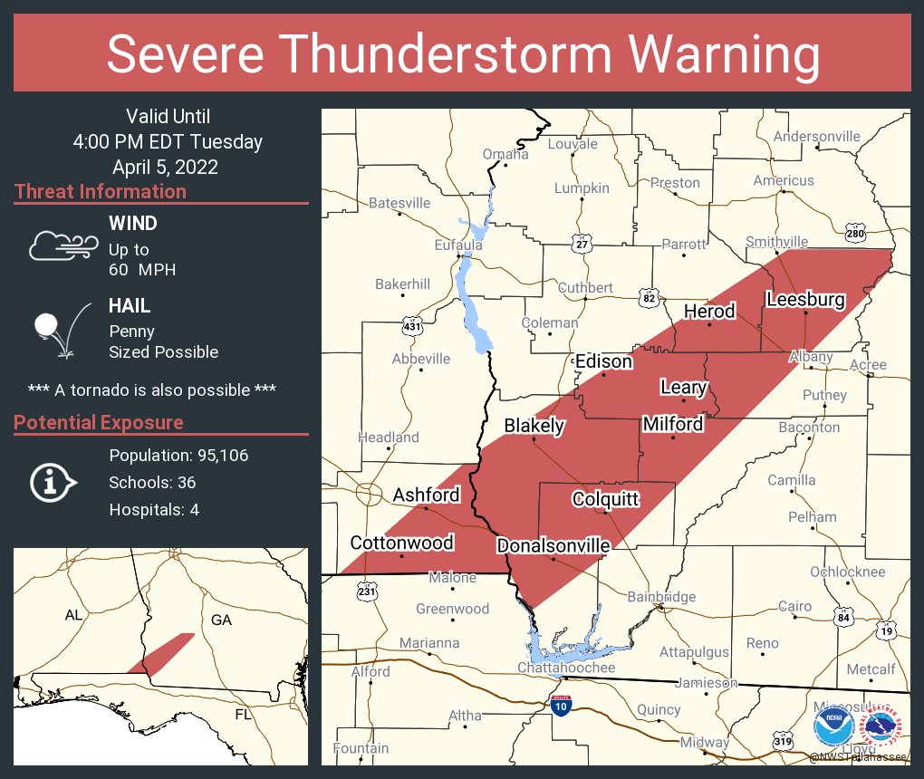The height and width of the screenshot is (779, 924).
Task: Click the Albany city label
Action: point(810,357)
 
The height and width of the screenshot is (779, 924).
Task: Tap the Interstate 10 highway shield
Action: point(562,705)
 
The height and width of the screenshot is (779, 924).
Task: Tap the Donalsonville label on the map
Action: point(553,546)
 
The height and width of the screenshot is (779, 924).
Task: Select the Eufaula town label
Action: point(458,245)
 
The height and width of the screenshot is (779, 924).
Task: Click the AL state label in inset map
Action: point(74,615)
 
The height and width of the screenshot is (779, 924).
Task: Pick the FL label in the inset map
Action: point(244,715)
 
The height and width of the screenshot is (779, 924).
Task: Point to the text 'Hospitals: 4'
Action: point(154,509)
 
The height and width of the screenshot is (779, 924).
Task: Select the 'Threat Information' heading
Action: point(101,191)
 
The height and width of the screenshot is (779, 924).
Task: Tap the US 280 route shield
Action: point(856,232)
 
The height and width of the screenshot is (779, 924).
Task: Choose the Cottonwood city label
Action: point(402,543)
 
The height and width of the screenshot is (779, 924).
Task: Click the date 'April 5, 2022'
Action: point(165,168)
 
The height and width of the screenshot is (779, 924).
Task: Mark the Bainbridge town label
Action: point(661,597)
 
